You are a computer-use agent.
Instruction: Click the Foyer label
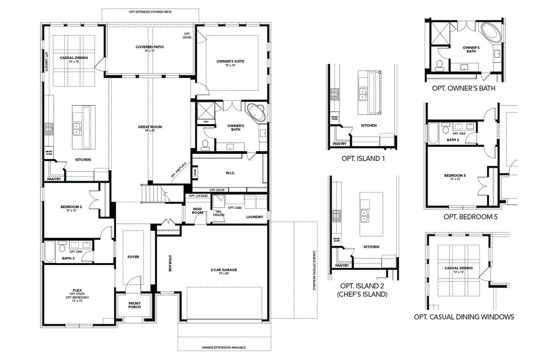click(133, 257)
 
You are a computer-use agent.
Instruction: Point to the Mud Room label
click(198, 211)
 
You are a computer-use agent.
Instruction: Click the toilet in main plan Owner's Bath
click(205, 145)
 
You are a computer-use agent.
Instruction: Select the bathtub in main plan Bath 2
click(50, 247)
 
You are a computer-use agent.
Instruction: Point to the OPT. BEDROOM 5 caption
click(471, 217)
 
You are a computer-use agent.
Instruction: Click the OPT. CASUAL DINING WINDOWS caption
click(464, 317)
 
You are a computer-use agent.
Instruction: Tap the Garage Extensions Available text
click(224, 347)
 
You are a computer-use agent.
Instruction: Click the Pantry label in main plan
click(54, 179)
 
